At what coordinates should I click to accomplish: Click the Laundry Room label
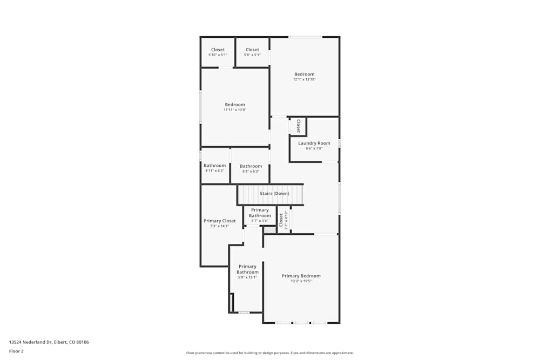314,143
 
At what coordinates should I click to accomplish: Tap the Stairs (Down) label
274,193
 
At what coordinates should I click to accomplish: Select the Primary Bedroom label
301,276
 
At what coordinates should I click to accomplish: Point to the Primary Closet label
219,221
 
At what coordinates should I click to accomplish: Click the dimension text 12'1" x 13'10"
304,79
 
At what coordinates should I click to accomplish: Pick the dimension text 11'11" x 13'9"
235,110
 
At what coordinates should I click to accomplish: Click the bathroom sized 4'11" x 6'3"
214,168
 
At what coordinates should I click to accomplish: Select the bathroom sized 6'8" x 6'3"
251,168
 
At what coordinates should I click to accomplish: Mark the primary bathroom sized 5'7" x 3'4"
260,215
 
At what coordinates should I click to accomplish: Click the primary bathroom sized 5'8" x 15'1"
247,271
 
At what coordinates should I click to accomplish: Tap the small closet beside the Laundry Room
298,126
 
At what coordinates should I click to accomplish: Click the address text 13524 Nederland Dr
49,342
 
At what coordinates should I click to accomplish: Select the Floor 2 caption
16,351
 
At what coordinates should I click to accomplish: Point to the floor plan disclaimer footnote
270,353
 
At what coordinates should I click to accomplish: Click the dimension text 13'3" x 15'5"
301,281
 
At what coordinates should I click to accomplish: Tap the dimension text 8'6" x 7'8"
314,148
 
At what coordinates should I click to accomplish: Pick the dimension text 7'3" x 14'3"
219,226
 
